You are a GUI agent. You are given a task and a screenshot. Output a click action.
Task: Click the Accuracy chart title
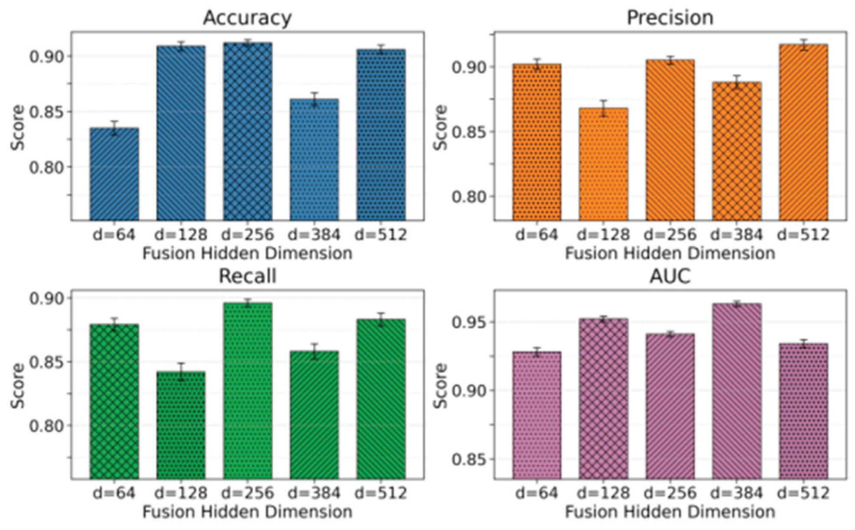247,18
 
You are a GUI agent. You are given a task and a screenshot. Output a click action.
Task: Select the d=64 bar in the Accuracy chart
114,174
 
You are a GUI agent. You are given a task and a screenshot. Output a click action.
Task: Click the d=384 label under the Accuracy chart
314,235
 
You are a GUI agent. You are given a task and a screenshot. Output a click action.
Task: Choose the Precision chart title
670,18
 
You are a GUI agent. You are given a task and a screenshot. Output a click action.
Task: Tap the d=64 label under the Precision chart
536,235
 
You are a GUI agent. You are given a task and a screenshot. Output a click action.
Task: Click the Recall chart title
247,276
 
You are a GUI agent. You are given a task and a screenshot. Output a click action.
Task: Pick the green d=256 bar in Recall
247,391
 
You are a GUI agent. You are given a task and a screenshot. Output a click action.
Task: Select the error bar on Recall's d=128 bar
181,372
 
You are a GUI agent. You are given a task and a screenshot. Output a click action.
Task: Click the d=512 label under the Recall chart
381,493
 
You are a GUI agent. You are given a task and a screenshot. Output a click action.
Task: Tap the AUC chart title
670,276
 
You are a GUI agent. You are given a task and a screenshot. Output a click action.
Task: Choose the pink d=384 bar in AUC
737,391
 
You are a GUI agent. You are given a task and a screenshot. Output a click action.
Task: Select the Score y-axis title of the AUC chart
441,385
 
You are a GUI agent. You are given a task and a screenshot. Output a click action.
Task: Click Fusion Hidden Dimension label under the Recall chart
247,512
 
